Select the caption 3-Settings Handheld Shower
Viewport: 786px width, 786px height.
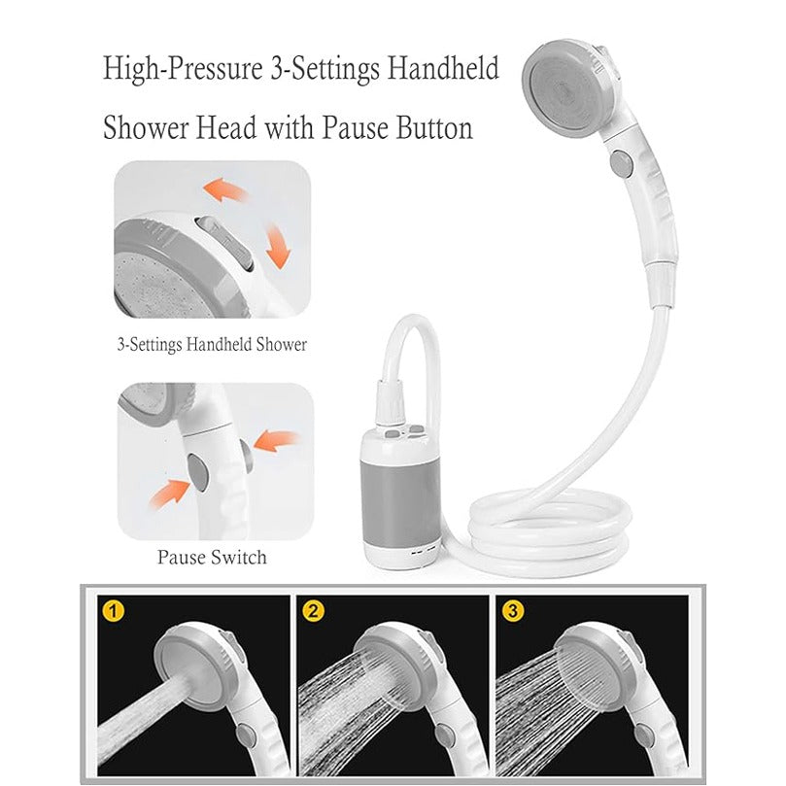pos(212,344)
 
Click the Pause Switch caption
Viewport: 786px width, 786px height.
pos(212,557)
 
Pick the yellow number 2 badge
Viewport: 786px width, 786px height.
pos(313,613)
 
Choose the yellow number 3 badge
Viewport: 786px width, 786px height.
pos(512,613)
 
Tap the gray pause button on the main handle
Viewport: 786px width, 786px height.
pos(620,161)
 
